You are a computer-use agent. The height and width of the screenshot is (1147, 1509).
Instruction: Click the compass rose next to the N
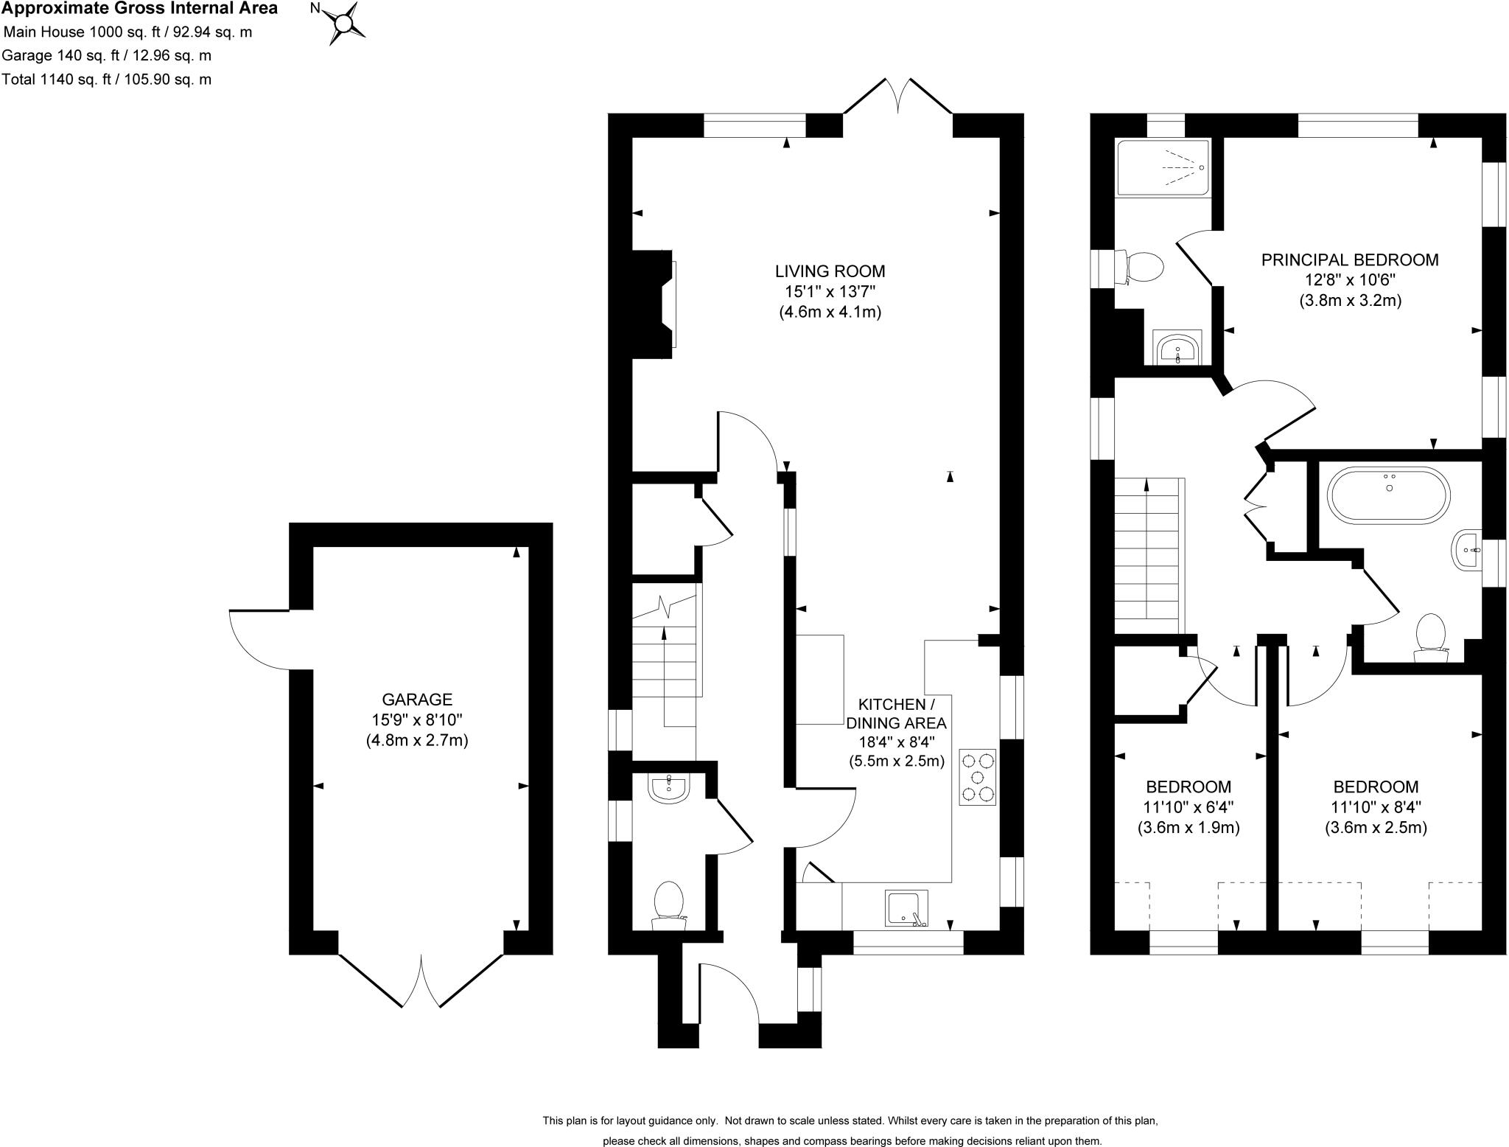pos(343,24)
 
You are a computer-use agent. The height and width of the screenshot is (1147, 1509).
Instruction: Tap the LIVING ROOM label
pos(830,271)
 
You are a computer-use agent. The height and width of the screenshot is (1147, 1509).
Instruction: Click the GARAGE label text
pos(416,699)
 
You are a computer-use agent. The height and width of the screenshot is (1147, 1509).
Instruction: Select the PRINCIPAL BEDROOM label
pos(1350,259)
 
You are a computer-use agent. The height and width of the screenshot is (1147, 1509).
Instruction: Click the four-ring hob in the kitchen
pos(978,777)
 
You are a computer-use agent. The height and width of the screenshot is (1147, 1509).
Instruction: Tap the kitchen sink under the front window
pos(906,908)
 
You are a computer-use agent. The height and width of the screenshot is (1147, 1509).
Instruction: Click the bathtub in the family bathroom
pos(1388,495)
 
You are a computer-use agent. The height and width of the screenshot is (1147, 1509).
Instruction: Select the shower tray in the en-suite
pos(1163,168)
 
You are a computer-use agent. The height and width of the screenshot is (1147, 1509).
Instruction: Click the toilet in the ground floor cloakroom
pos(669,904)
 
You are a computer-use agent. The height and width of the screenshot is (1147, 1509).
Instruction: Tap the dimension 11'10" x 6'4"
pos(1188,807)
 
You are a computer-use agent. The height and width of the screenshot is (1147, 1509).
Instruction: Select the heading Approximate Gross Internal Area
pos(139,9)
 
